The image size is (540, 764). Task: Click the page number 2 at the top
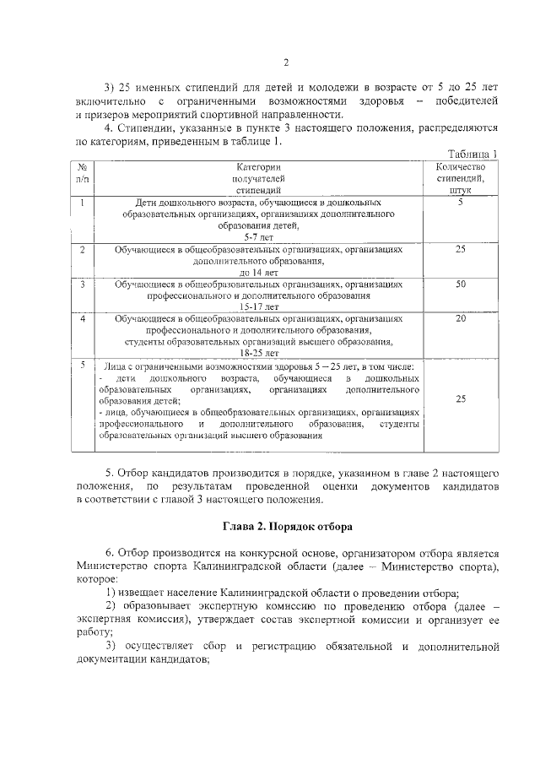[286, 62]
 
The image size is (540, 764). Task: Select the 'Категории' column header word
[257, 167]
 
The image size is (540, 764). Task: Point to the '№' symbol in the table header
[82, 167]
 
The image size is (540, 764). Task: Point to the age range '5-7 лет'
[257, 238]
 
